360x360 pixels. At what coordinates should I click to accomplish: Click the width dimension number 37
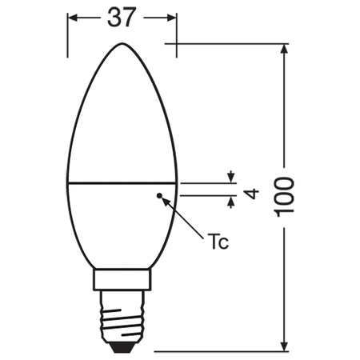(121, 17)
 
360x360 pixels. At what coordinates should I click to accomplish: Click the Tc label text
(218, 242)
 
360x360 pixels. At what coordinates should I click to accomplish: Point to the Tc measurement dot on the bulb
(159, 194)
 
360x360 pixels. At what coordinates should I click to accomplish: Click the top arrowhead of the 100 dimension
(286, 50)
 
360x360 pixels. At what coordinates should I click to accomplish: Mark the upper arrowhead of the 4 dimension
(231, 177)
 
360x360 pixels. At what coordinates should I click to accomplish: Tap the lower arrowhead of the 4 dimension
(231, 202)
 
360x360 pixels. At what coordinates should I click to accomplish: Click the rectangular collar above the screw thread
(122, 280)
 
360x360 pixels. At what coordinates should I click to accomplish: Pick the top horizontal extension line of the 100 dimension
(232, 42)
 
